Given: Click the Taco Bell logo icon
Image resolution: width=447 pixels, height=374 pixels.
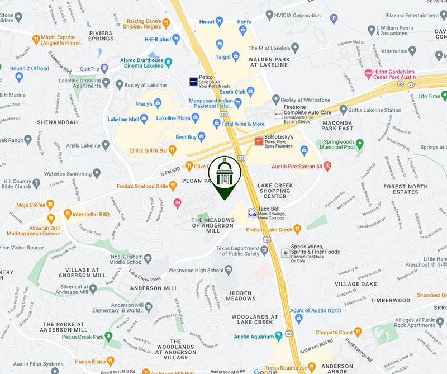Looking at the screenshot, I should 252,212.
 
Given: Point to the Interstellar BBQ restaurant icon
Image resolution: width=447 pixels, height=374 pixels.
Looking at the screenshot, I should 68,214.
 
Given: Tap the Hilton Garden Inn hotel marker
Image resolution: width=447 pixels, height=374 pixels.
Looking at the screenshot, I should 368,73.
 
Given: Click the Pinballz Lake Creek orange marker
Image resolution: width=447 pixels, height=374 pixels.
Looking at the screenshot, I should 297,229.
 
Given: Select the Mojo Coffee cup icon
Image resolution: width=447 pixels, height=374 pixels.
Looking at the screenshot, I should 50,205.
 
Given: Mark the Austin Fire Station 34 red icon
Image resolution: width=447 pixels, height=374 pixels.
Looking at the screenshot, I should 327,166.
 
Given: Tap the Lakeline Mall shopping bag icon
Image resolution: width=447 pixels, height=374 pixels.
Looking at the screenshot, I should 144,118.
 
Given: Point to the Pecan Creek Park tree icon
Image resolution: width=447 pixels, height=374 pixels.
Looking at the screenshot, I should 110,337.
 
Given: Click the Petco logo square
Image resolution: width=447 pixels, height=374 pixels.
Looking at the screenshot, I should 193,82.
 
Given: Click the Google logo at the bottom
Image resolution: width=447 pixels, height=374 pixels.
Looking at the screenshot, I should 265,371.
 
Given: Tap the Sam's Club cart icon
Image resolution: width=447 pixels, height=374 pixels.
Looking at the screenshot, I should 250,91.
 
